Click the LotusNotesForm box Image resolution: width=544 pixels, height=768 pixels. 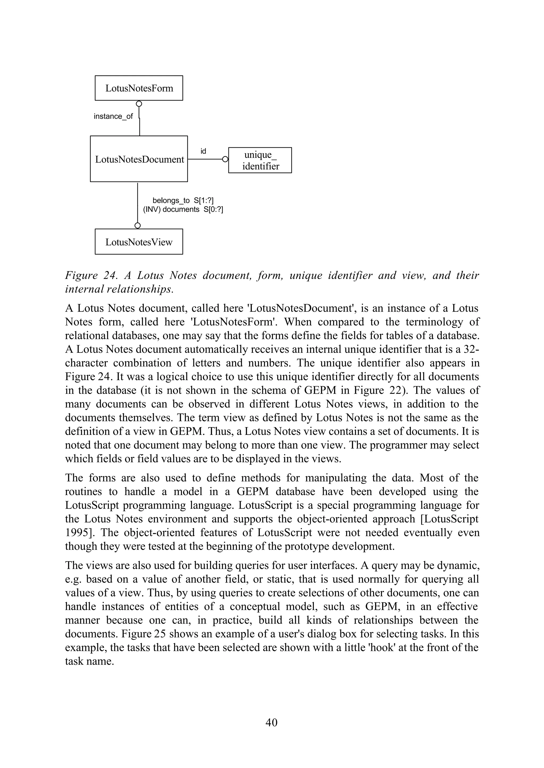click(x=139, y=88)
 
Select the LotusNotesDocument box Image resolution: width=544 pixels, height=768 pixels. click(x=139, y=159)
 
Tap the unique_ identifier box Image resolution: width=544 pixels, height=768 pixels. click(x=260, y=160)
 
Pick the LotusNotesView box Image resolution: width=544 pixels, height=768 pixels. click(x=139, y=242)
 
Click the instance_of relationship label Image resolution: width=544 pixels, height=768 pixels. click(x=113, y=116)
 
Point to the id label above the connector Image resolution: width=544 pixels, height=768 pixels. click(x=203, y=151)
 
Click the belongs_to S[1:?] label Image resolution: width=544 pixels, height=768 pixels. click(x=183, y=200)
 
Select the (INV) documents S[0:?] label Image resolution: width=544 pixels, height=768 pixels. click(x=183, y=209)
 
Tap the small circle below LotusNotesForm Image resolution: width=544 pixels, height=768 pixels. click(x=139, y=104)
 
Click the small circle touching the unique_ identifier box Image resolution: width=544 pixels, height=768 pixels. click(x=226, y=159)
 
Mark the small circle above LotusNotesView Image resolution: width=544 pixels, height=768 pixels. click(x=137, y=226)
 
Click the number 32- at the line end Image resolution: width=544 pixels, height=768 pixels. click(x=471, y=349)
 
